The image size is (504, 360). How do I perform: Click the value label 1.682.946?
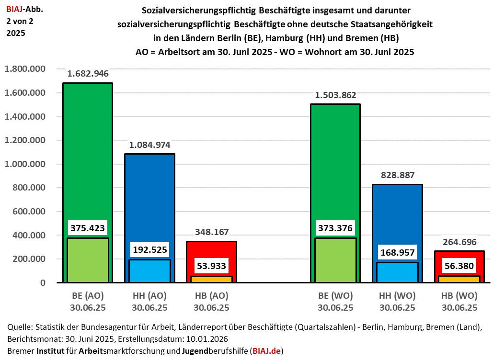[88, 74]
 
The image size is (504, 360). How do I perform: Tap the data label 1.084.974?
[149, 145]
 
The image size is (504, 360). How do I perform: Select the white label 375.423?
[88, 228]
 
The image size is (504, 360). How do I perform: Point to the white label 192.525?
[149, 249]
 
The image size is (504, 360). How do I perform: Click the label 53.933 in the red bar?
[211, 265]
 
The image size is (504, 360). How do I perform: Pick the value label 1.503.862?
[335, 95]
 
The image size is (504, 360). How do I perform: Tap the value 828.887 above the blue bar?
[398, 175]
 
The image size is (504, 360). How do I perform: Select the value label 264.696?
[459, 242]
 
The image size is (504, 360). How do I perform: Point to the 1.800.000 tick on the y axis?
[25, 69]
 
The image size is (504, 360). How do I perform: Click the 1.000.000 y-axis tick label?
[25, 164]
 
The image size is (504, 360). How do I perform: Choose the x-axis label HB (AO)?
[211, 296]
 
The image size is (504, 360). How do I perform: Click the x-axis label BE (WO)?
[335, 296]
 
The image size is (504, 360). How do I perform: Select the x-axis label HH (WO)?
[398, 296]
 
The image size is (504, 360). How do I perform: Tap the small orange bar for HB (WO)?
[459, 279]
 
